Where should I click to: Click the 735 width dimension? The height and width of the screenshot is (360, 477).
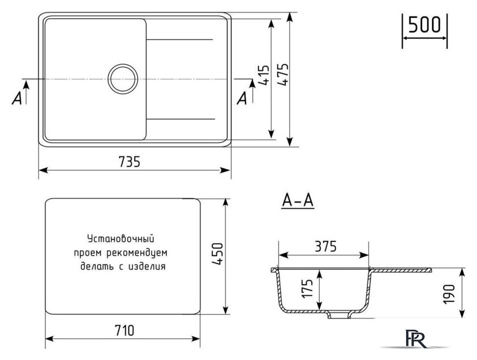tap(130, 161)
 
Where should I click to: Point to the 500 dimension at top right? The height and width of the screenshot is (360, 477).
tap(425, 24)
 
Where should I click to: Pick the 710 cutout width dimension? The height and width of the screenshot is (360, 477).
tap(123, 330)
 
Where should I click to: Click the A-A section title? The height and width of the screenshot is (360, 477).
tap(298, 201)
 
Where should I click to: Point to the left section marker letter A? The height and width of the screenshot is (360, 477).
tap(17, 98)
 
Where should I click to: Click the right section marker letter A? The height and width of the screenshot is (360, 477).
tap(242, 98)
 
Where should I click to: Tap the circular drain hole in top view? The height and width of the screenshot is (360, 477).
tap(122, 78)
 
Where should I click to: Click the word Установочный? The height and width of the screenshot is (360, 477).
tap(121, 239)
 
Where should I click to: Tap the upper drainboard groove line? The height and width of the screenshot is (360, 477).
tap(181, 39)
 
